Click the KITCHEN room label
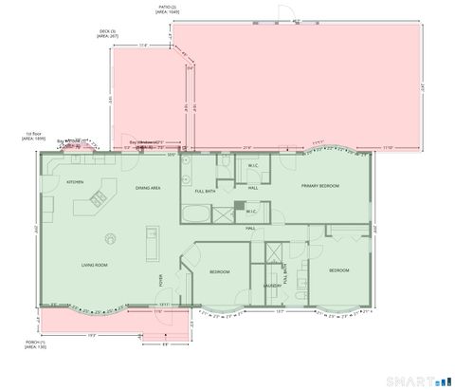coord(75,181)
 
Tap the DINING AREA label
coord(148,188)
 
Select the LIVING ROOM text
coord(93,265)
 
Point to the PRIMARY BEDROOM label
coord(320,185)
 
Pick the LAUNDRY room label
coord(271,285)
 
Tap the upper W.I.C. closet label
coord(253,166)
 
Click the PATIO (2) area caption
coord(173,9)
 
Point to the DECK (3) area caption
coord(107,34)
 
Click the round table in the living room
coord(110,238)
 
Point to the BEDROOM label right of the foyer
coord(219,272)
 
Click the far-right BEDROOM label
coord(339,271)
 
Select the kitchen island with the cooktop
coord(98,198)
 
